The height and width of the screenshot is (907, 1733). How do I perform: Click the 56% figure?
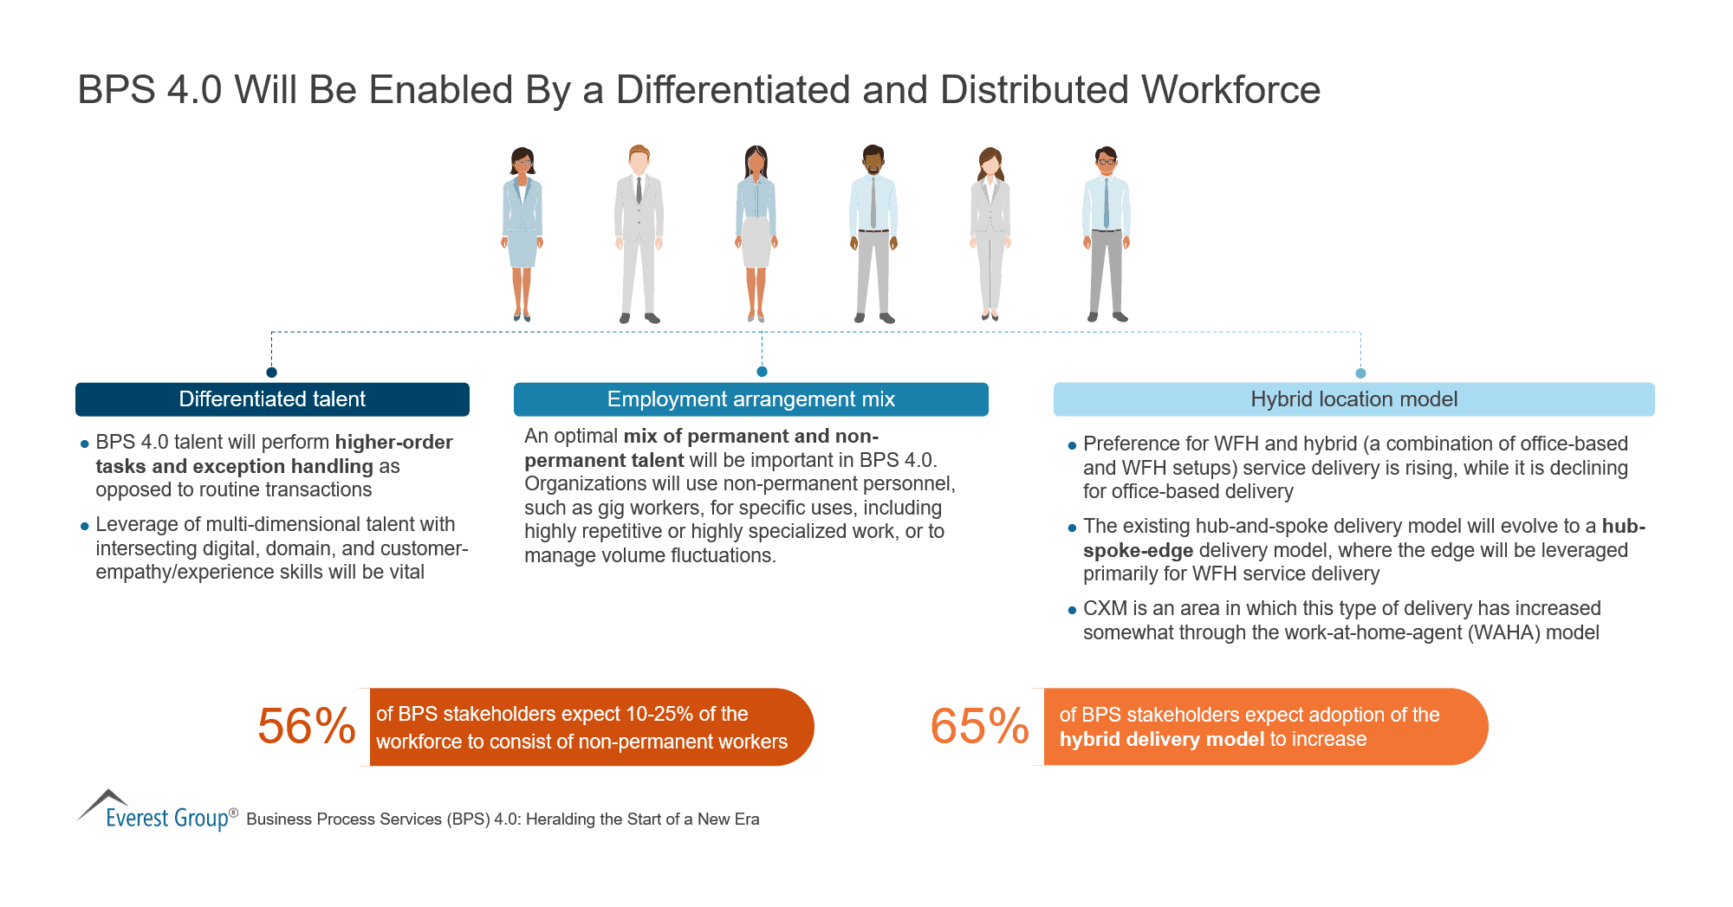[306, 726]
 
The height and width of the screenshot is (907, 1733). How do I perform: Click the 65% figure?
[979, 726]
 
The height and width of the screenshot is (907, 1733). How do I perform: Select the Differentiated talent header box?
[272, 399]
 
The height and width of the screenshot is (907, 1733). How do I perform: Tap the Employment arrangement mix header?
[750, 399]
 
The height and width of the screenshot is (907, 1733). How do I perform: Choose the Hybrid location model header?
[1353, 399]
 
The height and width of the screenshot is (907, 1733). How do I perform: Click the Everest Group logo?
[156, 811]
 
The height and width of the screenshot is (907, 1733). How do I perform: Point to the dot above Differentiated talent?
[271, 373]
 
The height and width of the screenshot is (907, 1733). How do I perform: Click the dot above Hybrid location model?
[1360, 373]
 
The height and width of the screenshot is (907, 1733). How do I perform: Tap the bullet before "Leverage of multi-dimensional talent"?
[85, 526]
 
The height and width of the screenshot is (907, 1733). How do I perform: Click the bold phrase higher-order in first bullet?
[393, 443]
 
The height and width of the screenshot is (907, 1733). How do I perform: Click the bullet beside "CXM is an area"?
[1072, 610]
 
